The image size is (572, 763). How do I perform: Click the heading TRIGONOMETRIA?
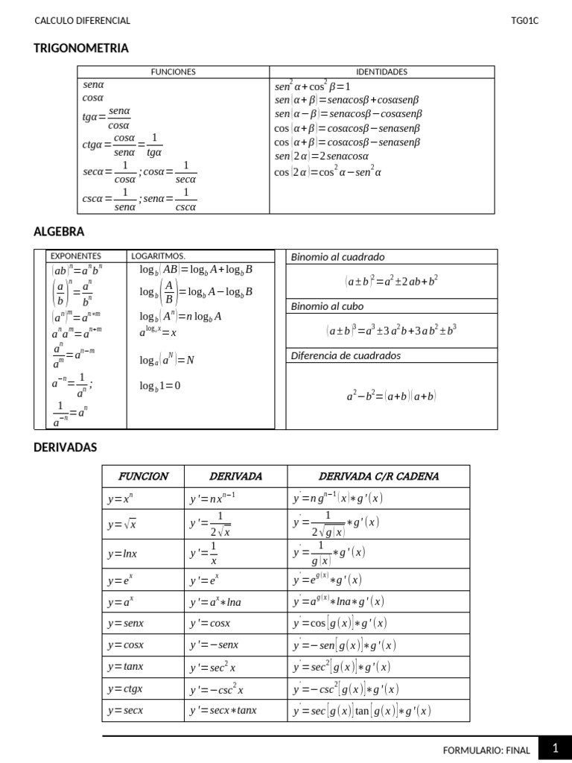tap(81, 48)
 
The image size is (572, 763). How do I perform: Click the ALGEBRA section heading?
tap(59, 232)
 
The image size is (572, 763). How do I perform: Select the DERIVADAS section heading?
tap(66, 447)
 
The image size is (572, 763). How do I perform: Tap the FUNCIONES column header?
tap(173, 72)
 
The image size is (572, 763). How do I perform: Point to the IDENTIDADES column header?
tap(381, 72)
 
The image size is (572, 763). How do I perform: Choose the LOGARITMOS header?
tap(158, 256)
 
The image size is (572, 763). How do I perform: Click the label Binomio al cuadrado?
tap(337, 257)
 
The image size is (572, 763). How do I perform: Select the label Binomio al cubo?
tap(328, 306)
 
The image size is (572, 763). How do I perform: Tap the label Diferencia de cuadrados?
tap(346, 355)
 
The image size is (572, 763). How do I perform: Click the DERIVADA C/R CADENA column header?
tap(378, 476)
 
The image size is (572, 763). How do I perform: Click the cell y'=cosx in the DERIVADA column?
tap(210, 623)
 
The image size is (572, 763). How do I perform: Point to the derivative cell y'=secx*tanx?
tap(223, 710)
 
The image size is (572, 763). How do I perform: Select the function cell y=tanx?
tap(125, 667)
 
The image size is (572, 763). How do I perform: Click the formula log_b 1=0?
tap(159, 386)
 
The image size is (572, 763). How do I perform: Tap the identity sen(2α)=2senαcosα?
tap(322, 156)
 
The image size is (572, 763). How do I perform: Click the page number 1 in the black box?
tap(555, 747)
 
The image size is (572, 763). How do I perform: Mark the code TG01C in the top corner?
tap(524, 21)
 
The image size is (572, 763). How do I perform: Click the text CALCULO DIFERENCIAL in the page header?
tap(83, 21)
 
